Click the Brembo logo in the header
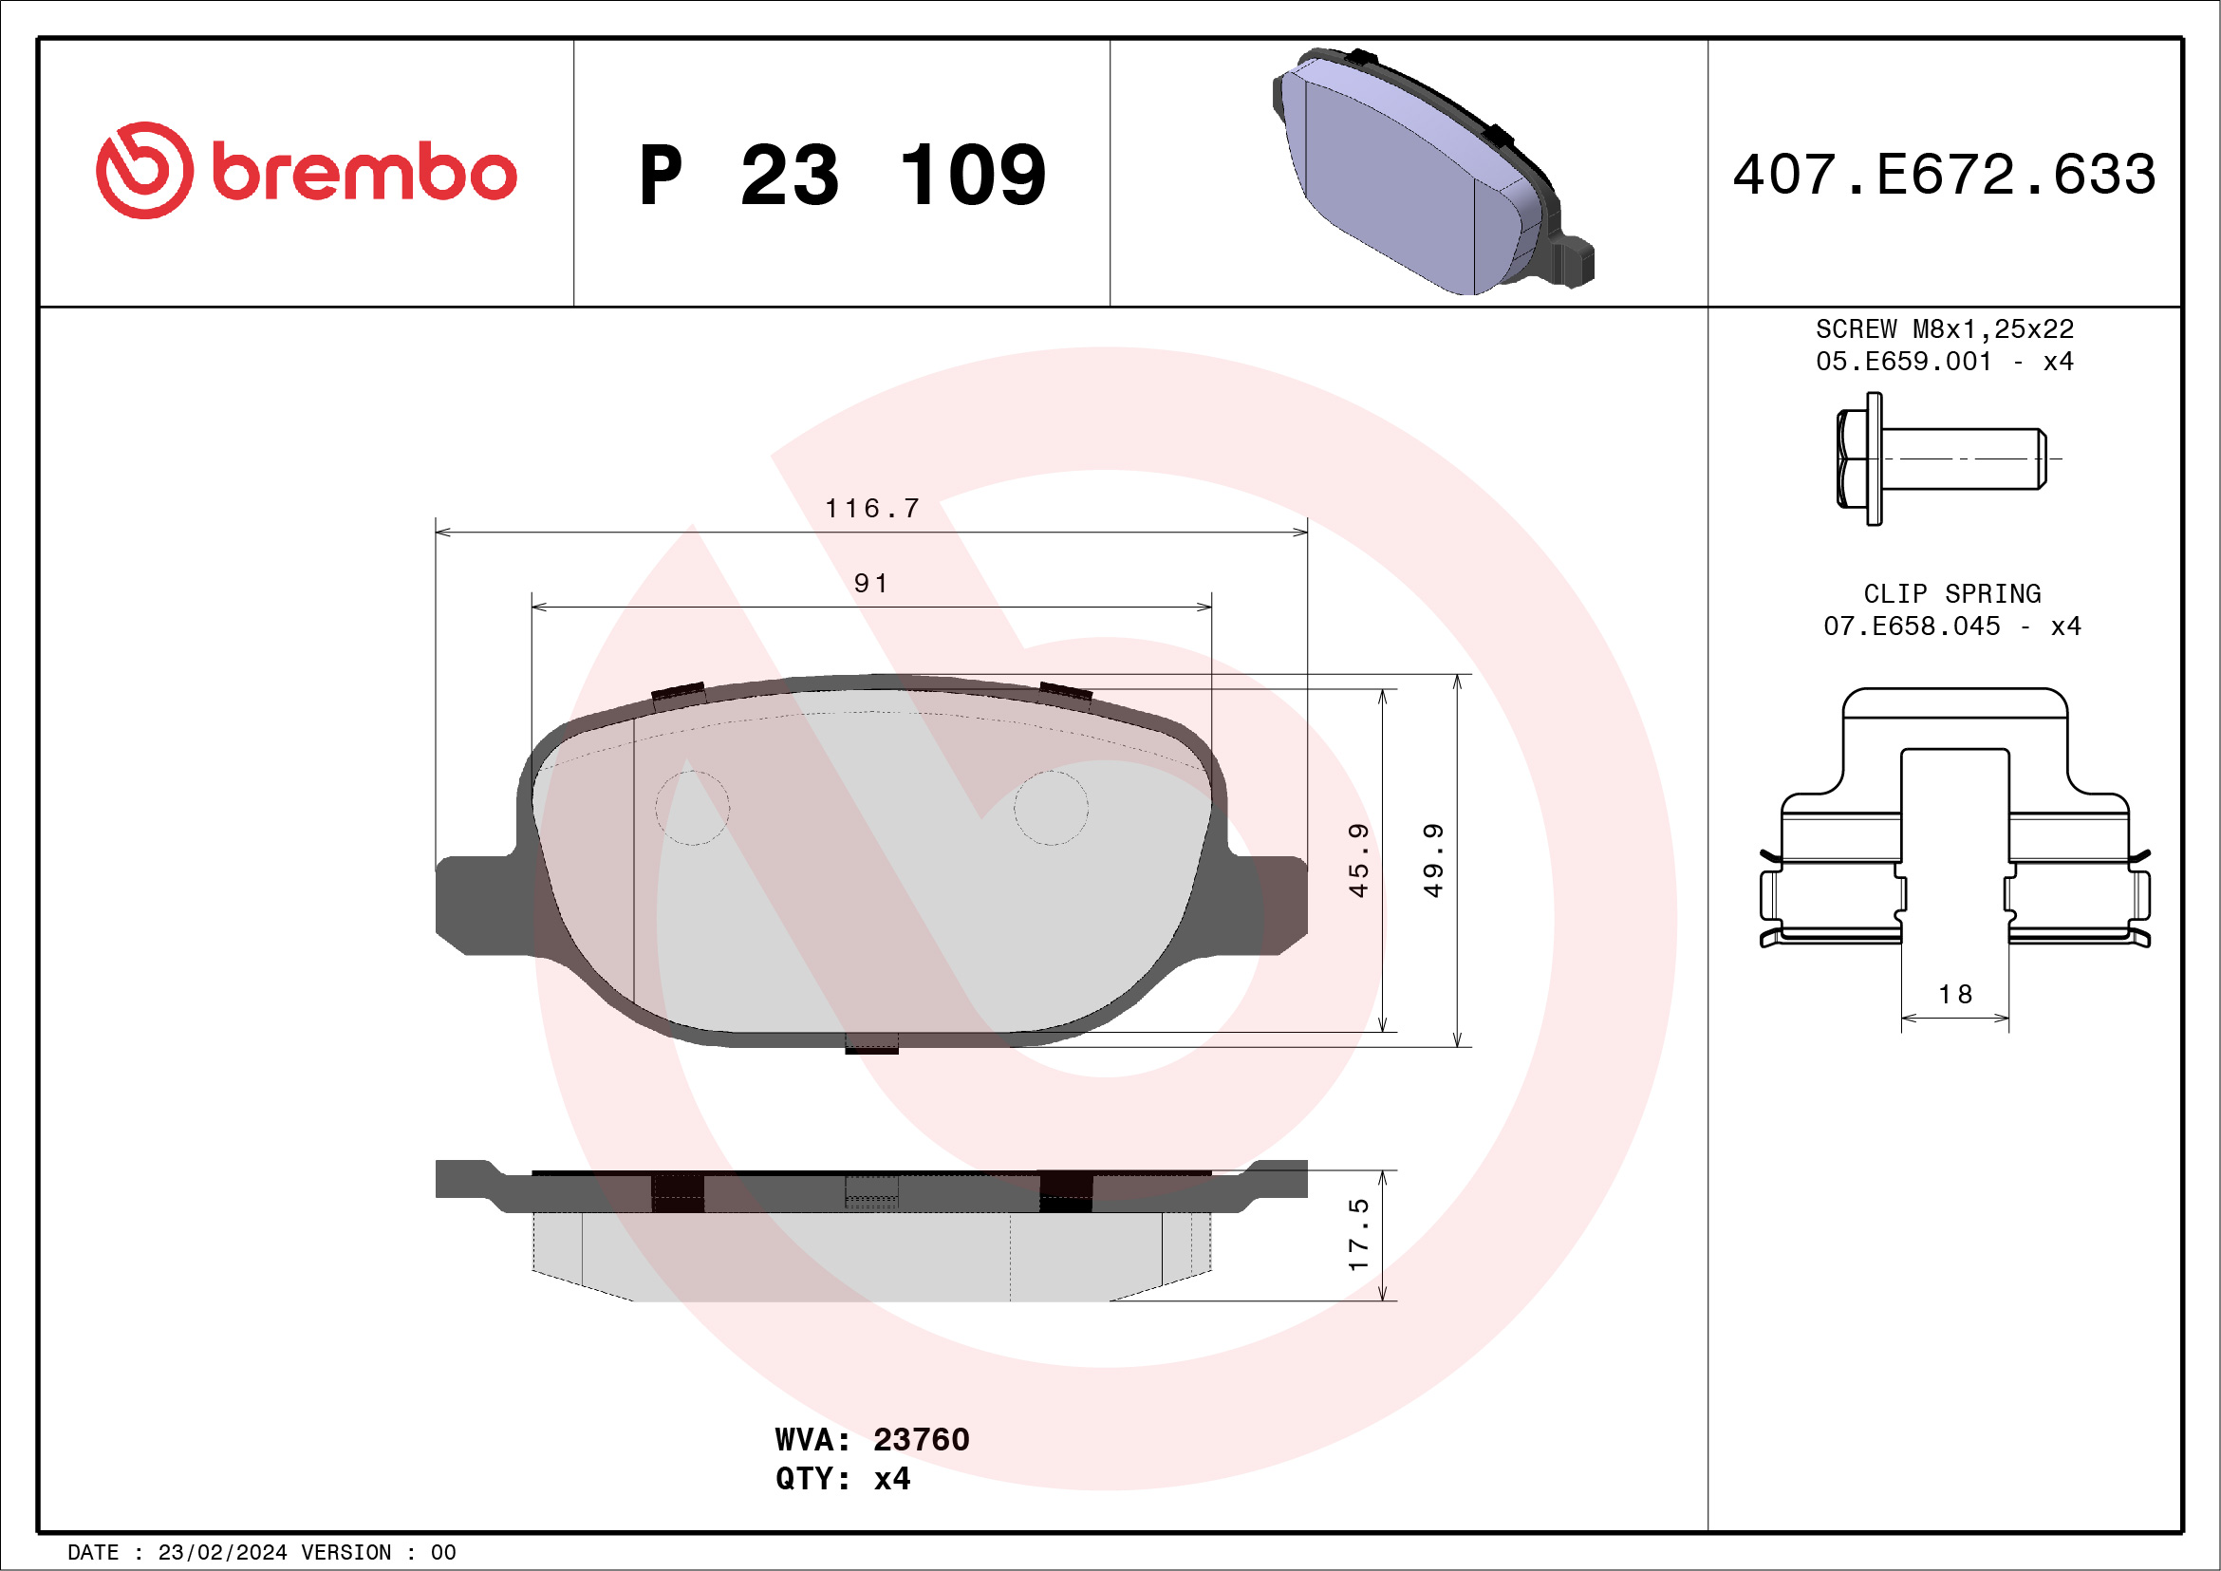coord(307,171)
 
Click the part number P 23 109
coord(843,175)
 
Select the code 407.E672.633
coord(1945,175)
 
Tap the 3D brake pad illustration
coord(1432,171)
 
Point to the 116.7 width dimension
coord(871,508)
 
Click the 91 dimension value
coord(870,584)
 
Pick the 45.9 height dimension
coord(1358,860)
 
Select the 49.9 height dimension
coord(1433,860)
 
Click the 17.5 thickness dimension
coord(1358,1234)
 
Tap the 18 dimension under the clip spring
coord(1955,995)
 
